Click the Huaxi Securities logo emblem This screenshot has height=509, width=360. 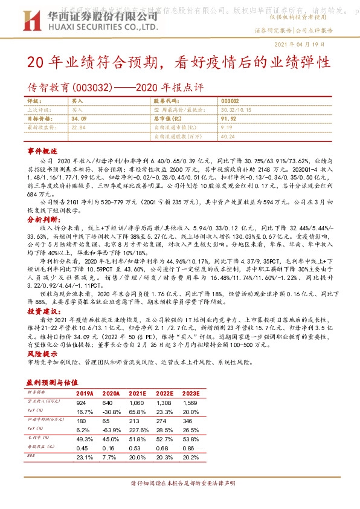click(x=38, y=24)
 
